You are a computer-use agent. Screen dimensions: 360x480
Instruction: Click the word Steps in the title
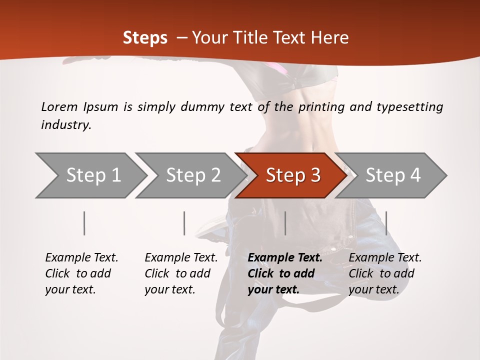point(145,38)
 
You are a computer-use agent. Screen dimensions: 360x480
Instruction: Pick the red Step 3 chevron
point(293,175)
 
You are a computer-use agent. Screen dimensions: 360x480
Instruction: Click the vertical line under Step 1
point(84,223)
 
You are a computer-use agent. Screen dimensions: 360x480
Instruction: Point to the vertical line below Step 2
point(184,223)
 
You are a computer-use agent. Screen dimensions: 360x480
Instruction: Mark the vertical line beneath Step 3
point(285,223)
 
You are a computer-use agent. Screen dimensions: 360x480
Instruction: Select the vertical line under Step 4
point(386,223)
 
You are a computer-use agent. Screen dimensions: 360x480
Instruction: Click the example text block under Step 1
point(81,273)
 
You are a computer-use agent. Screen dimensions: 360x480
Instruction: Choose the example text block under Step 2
point(181,273)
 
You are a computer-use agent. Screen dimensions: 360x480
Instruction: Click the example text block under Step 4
point(385,273)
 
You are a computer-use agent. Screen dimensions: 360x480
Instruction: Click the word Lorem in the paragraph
point(59,107)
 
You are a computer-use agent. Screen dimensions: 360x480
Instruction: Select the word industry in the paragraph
point(66,125)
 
